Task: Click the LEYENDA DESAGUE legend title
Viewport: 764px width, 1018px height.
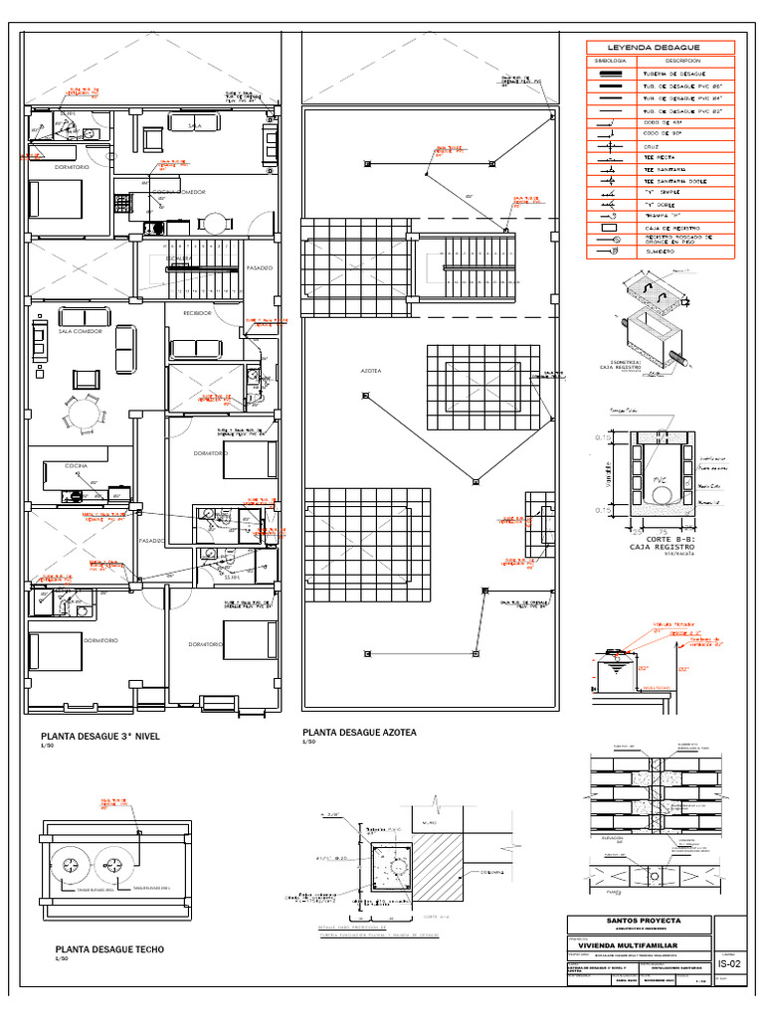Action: pyautogui.click(x=661, y=47)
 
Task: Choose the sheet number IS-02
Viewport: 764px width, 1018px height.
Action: pyautogui.click(x=728, y=963)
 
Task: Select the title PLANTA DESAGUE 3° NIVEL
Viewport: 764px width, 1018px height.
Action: pyautogui.click(x=99, y=737)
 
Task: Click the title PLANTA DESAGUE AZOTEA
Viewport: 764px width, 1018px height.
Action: pyautogui.click(x=359, y=733)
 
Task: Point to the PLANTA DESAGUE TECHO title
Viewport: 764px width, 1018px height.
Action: pyautogui.click(x=109, y=949)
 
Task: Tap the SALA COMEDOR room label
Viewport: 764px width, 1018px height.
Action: pyautogui.click(x=81, y=331)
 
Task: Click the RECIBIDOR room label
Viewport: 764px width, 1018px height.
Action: pyautogui.click(x=196, y=313)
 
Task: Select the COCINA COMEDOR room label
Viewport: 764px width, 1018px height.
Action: pyautogui.click(x=177, y=192)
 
